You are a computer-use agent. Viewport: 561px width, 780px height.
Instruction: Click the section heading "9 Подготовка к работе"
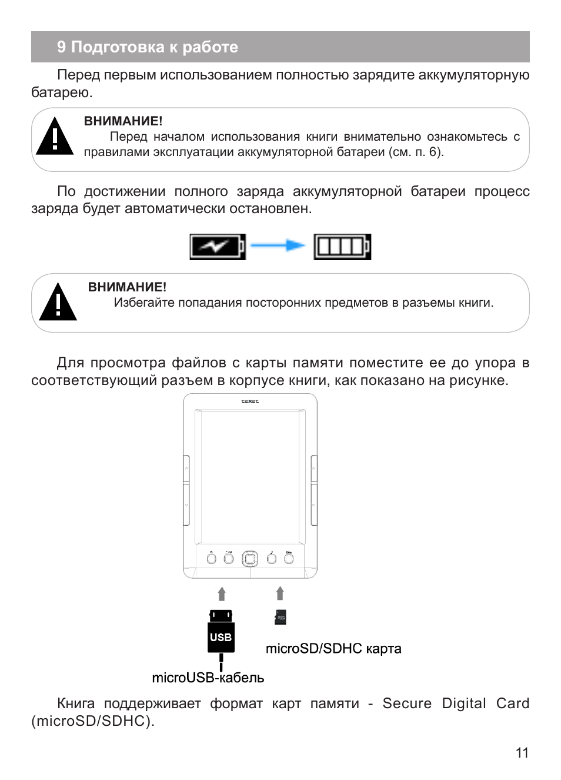pos(147,47)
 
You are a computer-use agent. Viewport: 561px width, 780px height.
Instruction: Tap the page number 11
pos(522,752)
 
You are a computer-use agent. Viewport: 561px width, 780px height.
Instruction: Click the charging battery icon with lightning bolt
pos(217,247)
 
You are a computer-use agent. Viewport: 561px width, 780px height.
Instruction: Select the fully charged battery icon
pos(342,247)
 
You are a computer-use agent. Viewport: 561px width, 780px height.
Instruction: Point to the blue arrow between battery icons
pos(278,246)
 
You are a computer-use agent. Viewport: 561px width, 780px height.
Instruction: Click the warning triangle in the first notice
pos(55,137)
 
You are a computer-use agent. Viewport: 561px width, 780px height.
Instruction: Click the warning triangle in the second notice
pos(58,303)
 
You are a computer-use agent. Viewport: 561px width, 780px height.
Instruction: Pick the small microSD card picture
pos(280,617)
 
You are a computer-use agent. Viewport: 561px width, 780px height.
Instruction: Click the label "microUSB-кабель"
pos(208,678)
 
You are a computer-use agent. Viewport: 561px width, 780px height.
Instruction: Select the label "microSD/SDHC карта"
pos(333,648)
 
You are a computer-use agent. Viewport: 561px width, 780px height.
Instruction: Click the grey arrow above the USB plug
pos(222,593)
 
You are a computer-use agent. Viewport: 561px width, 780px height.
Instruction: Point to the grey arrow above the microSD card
pos(280,593)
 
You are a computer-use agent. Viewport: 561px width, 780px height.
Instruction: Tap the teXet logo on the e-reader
pos(250,401)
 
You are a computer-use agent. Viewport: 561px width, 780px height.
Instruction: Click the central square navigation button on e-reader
pos(250,558)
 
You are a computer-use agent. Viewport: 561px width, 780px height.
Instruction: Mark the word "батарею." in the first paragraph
pos(62,92)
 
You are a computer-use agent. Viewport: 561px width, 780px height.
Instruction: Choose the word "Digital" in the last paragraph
pos(464,703)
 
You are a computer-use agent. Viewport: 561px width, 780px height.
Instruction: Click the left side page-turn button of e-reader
pos(186,490)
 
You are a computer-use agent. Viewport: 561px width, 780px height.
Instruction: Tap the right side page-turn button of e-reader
pos(314,490)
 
